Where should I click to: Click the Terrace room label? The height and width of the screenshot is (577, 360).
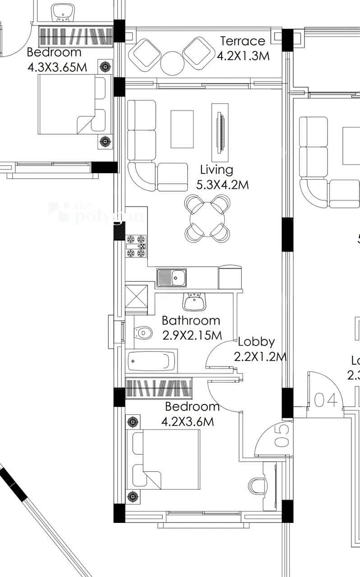243,41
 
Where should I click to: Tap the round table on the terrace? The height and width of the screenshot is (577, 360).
171,63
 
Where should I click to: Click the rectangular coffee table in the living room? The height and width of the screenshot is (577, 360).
182,129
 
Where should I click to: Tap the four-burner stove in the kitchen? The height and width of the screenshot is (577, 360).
136,246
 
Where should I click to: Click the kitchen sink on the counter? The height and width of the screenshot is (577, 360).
171,278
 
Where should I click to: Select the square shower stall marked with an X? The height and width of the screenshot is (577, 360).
136,298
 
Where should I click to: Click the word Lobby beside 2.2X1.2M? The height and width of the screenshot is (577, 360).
256,342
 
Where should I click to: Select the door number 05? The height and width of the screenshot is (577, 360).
281,437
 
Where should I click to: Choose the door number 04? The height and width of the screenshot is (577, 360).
326,400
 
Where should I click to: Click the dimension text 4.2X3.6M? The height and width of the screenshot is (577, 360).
187,421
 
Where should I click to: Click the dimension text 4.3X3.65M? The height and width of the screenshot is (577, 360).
57,68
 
